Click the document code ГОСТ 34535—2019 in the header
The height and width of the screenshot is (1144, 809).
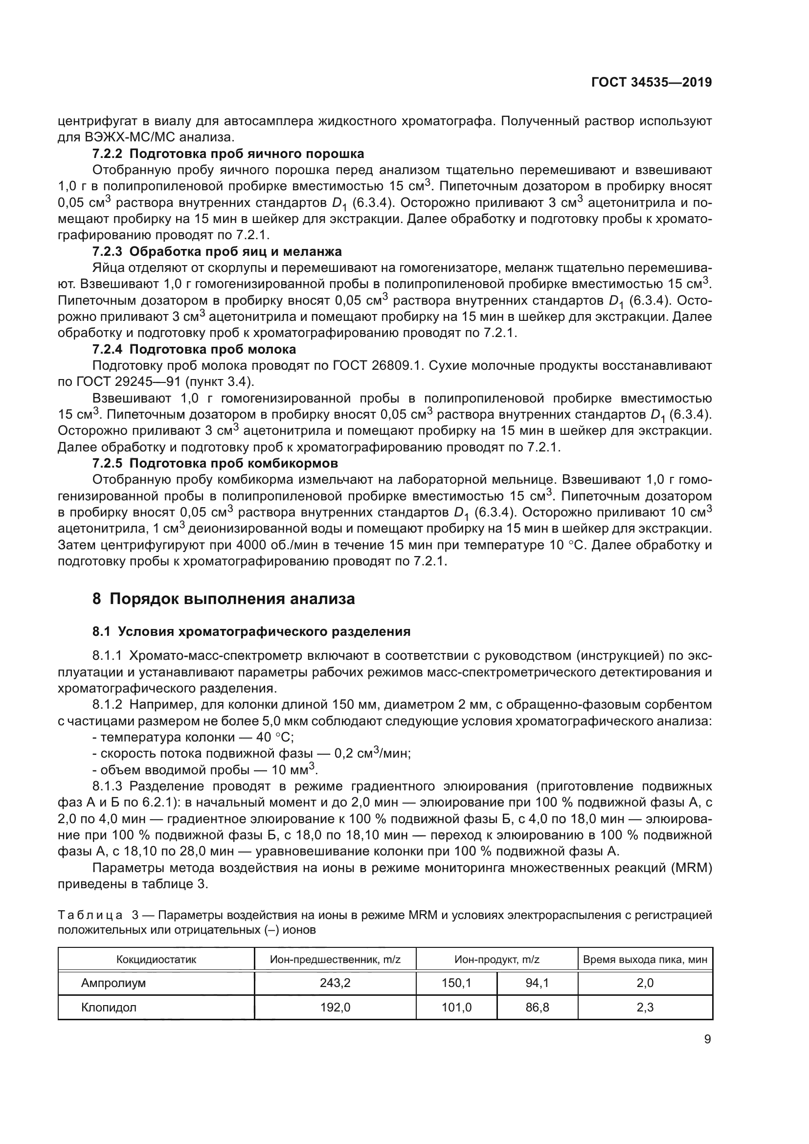[651, 83]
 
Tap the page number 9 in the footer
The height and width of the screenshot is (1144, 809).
[707, 1039]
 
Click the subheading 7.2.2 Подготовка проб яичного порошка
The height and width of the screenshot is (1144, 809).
[228, 154]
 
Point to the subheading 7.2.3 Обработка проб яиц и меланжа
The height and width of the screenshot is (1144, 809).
[217, 251]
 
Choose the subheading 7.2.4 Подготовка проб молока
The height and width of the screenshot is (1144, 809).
[194, 349]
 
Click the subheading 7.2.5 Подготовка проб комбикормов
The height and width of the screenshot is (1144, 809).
[215, 463]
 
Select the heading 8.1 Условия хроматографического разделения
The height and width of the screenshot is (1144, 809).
[251, 632]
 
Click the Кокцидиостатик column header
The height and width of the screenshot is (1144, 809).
[157, 960]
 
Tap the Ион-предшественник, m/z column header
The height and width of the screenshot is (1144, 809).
[335, 960]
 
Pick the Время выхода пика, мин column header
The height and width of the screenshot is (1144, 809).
[645, 960]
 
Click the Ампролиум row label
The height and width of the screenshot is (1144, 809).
[113, 983]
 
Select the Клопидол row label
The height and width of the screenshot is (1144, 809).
[109, 1008]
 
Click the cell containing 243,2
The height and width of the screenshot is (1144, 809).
[335, 983]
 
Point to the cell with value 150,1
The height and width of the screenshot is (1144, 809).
[456, 983]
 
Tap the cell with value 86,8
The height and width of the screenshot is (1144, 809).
[537, 1008]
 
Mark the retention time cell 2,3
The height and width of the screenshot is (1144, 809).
[645, 1008]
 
